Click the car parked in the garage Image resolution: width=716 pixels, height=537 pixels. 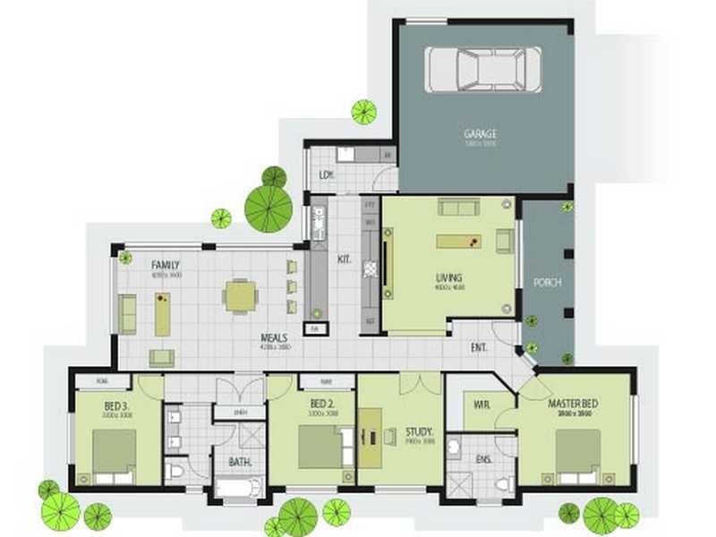click(x=482, y=69)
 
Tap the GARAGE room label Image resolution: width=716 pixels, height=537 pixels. click(x=480, y=134)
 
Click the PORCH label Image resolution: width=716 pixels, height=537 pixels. click(x=546, y=282)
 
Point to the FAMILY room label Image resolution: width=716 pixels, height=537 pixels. click(x=166, y=266)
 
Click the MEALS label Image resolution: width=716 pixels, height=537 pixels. click(x=274, y=338)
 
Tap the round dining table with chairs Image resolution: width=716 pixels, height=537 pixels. click(x=240, y=296)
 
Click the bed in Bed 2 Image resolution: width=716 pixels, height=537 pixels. click(x=320, y=446)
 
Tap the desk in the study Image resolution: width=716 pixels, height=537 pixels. click(x=370, y=436)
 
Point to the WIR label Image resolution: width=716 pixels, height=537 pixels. click(x=482, y=405)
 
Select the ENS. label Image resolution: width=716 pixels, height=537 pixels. click(x=483, y=460)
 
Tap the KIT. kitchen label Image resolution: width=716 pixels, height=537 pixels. click(x=345, y=260)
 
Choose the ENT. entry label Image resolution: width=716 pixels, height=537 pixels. click(x=481, y=348)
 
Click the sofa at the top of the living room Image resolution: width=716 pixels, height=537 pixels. click(x=458, y=208)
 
